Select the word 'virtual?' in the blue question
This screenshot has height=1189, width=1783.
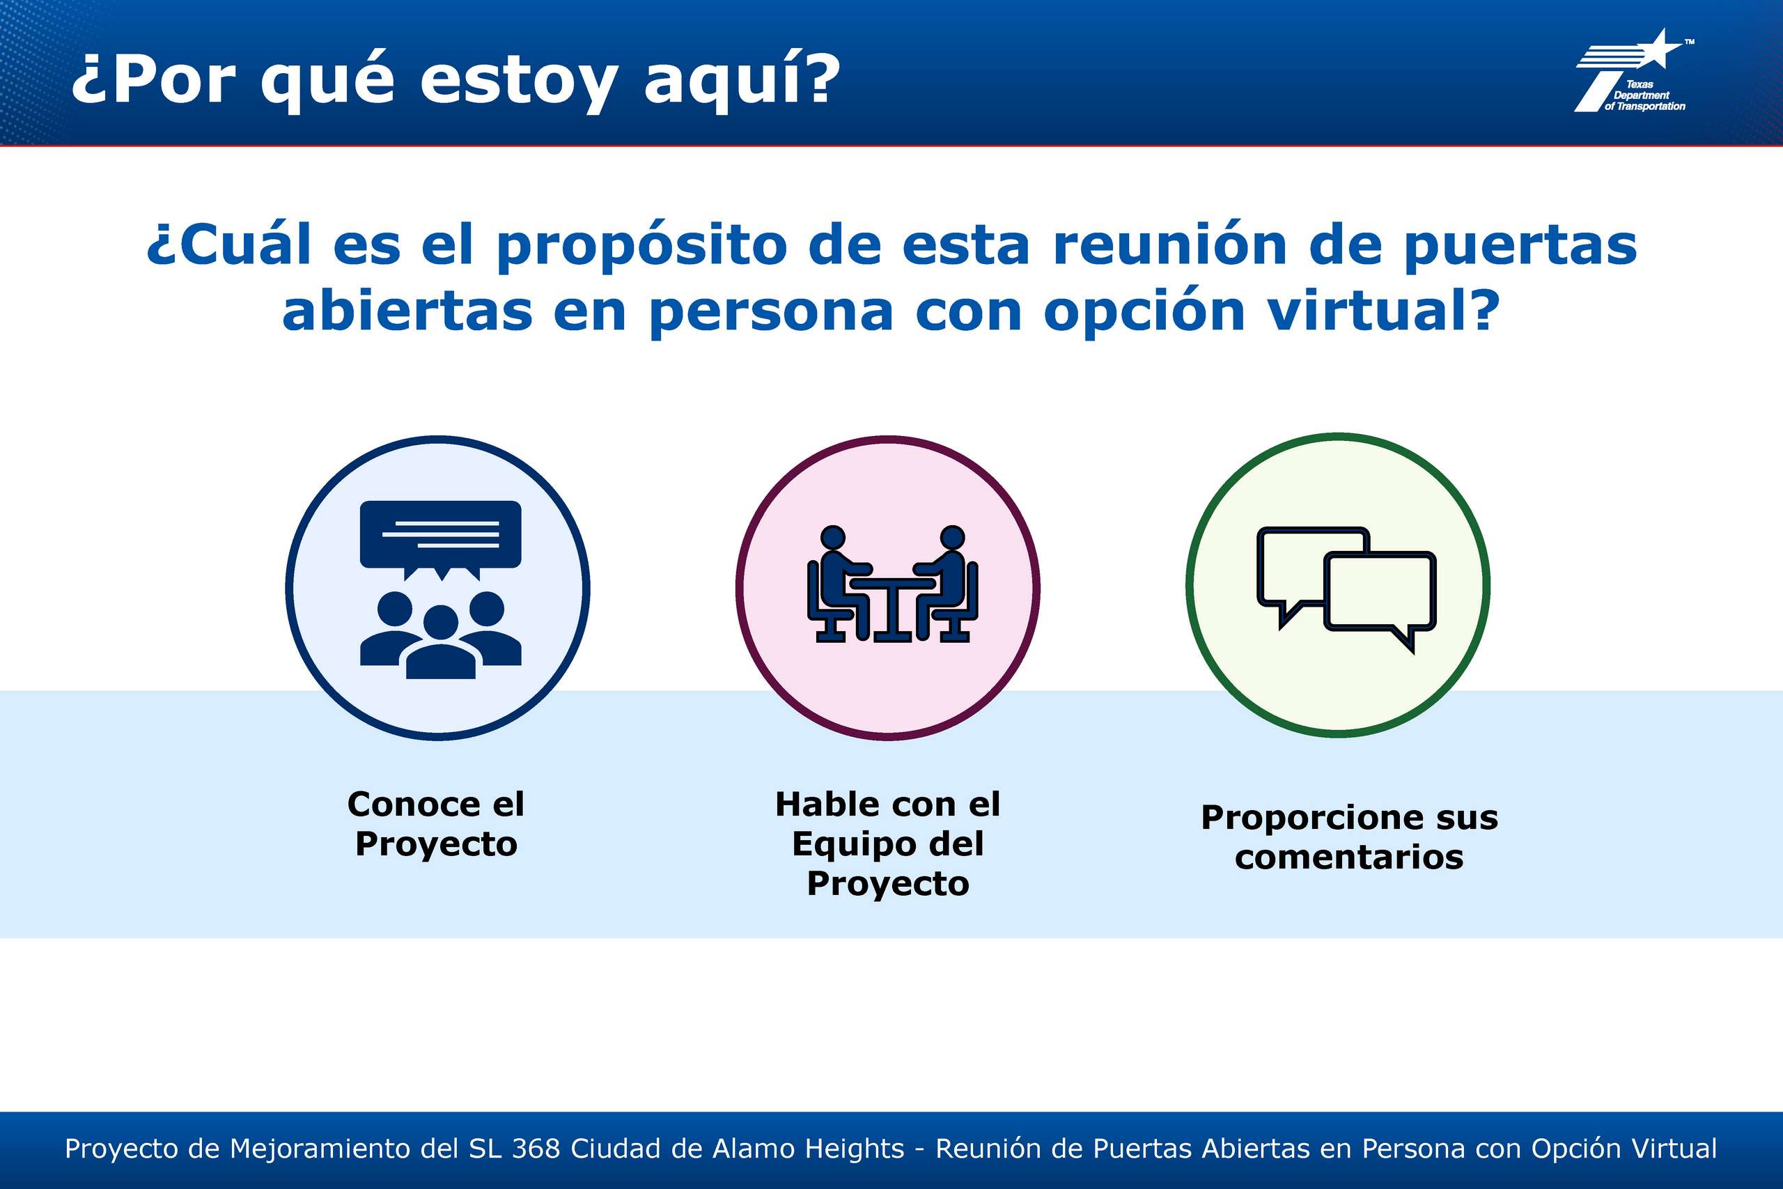pos(1384,310)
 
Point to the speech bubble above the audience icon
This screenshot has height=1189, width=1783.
pos(440,539)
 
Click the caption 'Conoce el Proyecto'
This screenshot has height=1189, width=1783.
pos(436,823)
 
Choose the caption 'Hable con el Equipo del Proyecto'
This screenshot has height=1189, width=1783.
pos(888,844)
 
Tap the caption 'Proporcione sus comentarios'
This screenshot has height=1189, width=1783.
pos(1349,837)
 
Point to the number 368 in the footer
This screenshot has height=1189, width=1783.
pos(535,1149)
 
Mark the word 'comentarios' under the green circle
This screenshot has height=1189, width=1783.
pos(1349,857)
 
